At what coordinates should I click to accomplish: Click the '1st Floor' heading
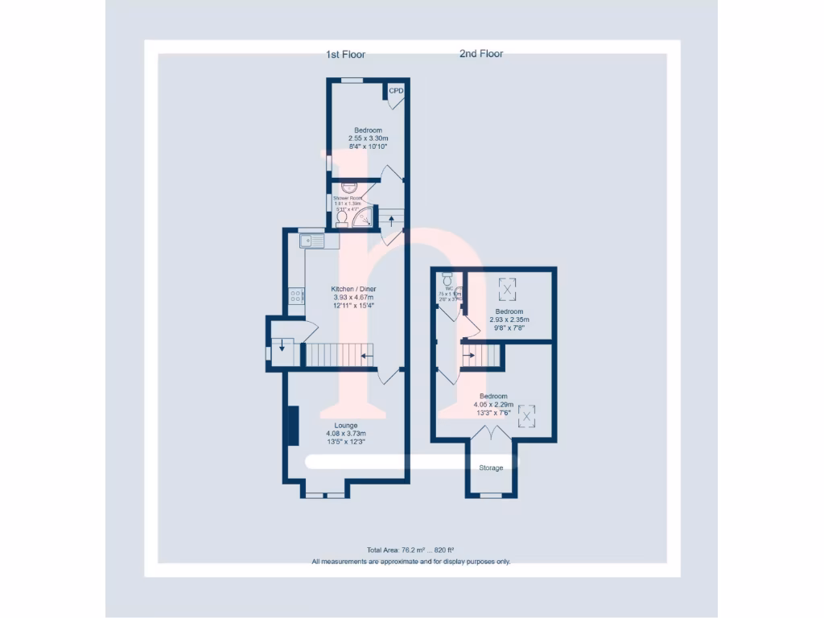coord(345,55)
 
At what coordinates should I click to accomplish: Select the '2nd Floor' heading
coord(481,54)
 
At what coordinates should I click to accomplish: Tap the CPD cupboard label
coord(396,91)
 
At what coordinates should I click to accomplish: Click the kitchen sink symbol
coord(311,241)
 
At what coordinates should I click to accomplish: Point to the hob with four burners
coord(295,296)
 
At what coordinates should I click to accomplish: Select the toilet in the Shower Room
coord(341,217)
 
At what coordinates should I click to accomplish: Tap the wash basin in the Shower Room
coord(348,187)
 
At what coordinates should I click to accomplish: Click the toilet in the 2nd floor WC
coord(447,279)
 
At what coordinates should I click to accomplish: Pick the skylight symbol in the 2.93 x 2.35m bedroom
coord(509,287)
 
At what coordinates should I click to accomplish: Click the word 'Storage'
coord(491,468)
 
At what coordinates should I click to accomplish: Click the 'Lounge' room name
coord(346,425)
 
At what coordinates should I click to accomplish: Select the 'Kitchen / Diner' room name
coord(353,289)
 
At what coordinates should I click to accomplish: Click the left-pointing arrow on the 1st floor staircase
coord(366,355)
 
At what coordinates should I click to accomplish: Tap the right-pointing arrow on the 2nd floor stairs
coord(469,355)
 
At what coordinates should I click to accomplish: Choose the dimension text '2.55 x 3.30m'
coord(368,138)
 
